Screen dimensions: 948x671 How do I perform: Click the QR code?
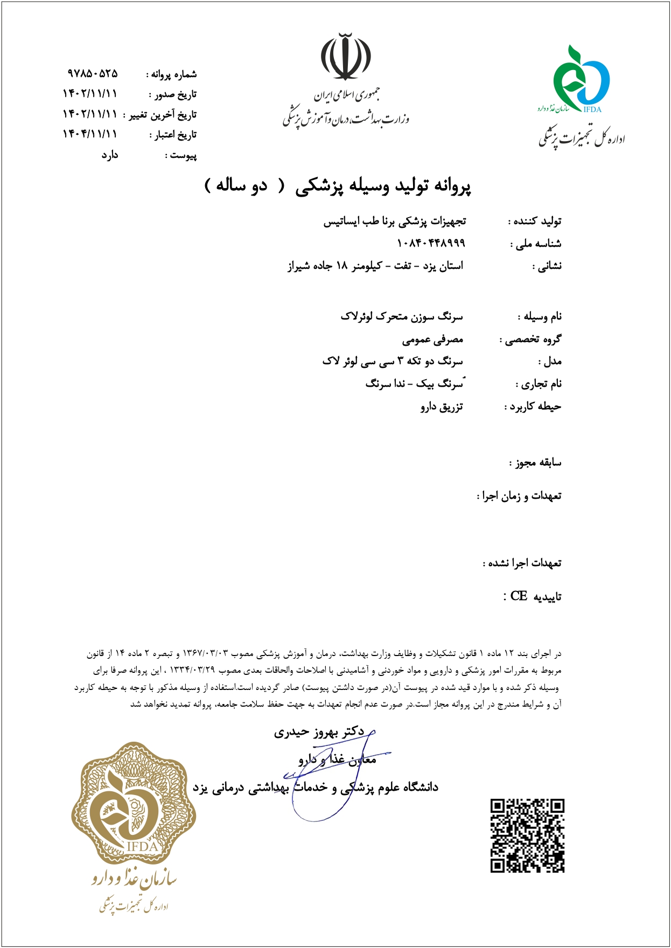tap(527, 835)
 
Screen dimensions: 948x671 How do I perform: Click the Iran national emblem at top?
tap(346, 57)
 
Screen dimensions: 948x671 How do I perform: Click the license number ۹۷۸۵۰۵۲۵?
tap(92, 73)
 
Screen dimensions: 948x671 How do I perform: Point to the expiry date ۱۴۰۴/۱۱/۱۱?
tap(89, 134)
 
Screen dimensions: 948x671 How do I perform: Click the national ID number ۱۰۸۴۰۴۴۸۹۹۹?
tap(430, 243)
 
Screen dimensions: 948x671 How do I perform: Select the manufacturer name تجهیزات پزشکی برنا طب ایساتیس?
tap(394, 221)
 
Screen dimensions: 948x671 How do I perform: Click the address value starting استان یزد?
tap(375, 266)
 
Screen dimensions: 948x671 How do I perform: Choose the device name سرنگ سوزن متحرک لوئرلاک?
tap(401, 316)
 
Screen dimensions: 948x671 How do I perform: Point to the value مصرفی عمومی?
tap(432, 339)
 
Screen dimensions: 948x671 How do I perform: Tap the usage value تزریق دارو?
tap(442, 407)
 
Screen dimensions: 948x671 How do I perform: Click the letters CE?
tap(518, 596)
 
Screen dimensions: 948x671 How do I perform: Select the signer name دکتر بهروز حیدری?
tap(319, 731)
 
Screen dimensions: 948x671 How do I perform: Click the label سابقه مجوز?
tap(536, 462)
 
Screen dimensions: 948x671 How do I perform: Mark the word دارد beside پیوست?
tap(110, 155)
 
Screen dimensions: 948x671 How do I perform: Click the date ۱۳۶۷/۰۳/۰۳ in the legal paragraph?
tap(206, 653)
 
